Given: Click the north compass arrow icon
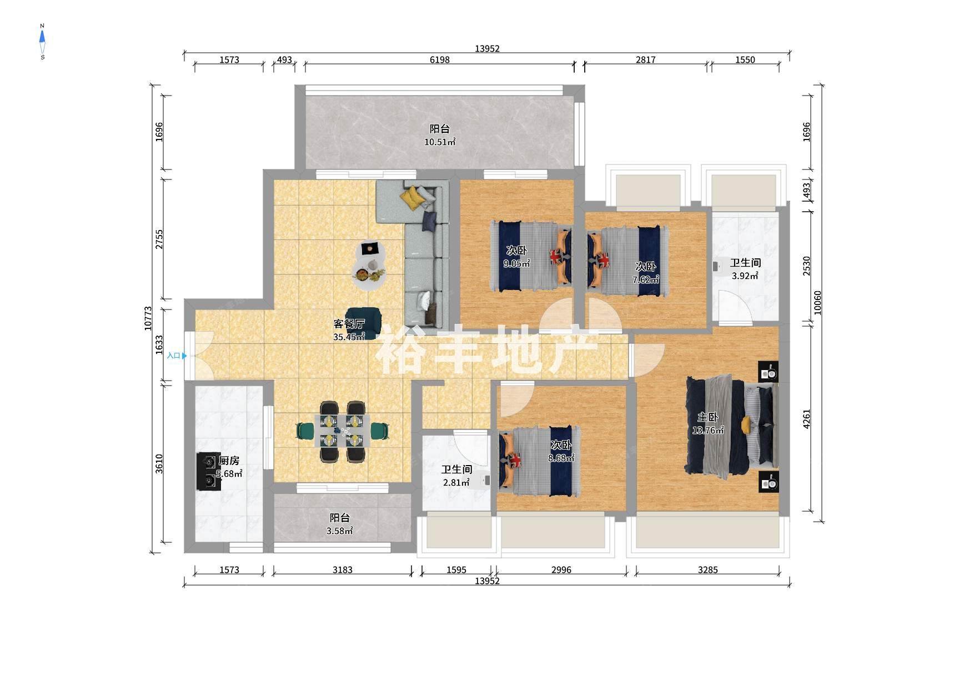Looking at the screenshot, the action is pyautogui.click(x=42, y=37).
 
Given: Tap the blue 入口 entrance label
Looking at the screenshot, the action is pyautogui.click(x=174, y=356).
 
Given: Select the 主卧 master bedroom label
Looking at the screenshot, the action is pyautogui.click(x=708, y=417).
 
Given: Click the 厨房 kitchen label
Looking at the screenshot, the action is pyautogui.click(x=229, y=461).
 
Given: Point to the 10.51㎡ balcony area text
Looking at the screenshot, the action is pyautogui.click(x=440, y=142).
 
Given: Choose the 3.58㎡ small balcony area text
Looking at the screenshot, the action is pyautogui.click(x=340, y=531).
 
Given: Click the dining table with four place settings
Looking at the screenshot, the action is pyautogui.click(x=342, y=431).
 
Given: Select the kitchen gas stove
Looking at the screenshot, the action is pyautogui.click(x=208, y=472).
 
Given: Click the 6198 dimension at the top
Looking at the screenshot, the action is pyautogui.click(x=440, y=60).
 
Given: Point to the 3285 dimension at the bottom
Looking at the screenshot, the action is pyautogui.click(x=708, y=570).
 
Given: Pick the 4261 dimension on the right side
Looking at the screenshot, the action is pyautogui.click(x=807, y=419).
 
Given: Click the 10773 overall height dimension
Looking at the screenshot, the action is pyautogui.click(x=148, y=318).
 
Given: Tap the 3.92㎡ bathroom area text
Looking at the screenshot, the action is pyautogui.click(x=745, y=276).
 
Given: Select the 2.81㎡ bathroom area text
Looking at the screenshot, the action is pyautogui.click(x=456, y=483).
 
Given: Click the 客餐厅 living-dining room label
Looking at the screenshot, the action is pyautogui.click(x=349, y=323).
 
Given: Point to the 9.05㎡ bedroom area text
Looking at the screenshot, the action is pyautogui.click(x=516, y=264).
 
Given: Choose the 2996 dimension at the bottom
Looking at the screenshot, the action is pyautogui.click(x=561, y=570).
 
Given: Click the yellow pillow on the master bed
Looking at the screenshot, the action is pyautogui.click(x=746, y=425).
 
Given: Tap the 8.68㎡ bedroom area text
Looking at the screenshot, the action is pyautogui.click(x=561, y=458).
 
